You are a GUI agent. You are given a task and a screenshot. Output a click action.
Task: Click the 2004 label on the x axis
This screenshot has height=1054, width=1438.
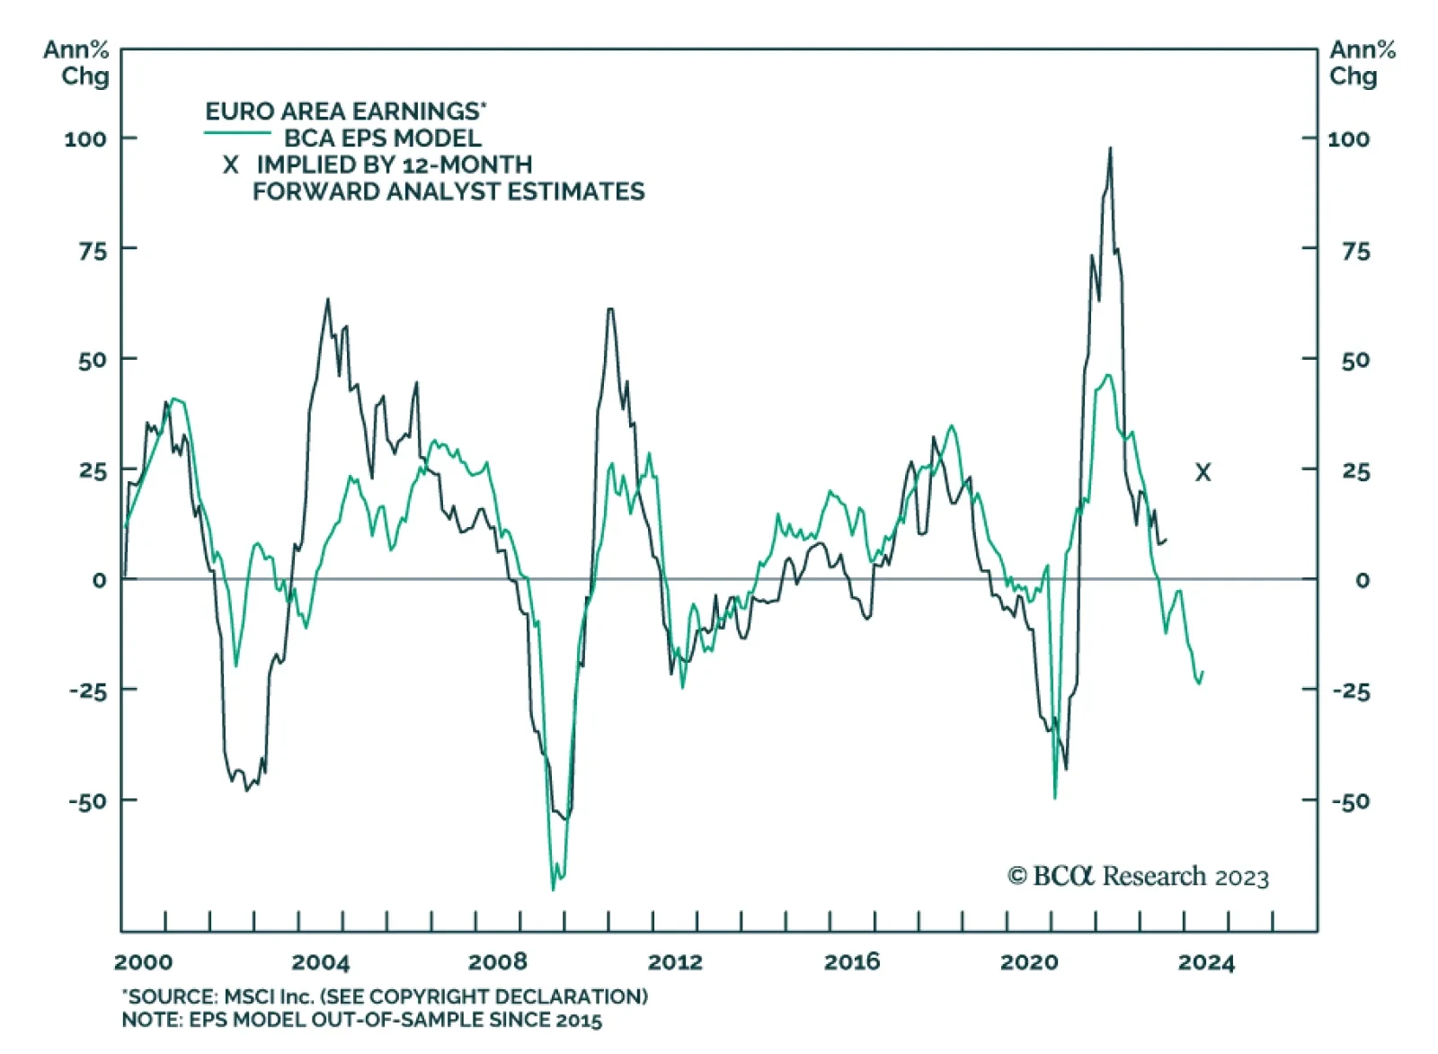pyautogui.click(x=320, y=962)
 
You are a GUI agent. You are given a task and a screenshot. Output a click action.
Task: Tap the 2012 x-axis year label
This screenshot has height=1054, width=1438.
pyautogui.click(x=675, y=962)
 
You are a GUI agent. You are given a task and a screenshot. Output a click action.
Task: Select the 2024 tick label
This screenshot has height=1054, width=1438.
pyautogui.click(x=1206, y=962)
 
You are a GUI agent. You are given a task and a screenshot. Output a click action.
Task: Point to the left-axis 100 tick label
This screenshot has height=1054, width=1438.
pyautogui.click(x=85, y=139)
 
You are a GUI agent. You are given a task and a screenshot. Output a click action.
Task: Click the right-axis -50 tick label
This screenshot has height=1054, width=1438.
pyautogui.click(x=1350, y=801)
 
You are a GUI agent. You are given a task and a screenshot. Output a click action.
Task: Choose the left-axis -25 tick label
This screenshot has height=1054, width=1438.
pyautogui.click(x=90, y=692)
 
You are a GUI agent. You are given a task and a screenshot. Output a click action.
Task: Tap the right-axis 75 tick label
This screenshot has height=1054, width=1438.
pyautogui.click(x=1355, y=252)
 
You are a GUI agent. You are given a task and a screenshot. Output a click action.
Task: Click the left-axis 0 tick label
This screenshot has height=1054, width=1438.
pyautogui.click(x=99, y=581)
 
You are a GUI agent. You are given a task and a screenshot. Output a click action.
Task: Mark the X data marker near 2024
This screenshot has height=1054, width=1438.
pyautogui.click(x=1203, y=472)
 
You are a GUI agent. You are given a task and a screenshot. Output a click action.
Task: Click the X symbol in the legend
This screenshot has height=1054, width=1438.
pyautogui.click(x=231, y=165)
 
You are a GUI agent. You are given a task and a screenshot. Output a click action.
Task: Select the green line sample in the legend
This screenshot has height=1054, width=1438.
pyautogui.click(x=237, y=134)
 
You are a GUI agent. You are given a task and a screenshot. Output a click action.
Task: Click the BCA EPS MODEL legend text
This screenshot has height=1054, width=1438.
pyautogui.click(x=383, y=138)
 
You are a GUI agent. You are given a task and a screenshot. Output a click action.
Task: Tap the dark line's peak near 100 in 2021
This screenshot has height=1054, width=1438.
pyautogui.click(x=1110, y=148)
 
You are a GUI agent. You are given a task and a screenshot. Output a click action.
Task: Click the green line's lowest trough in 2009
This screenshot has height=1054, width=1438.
pyautogui.click(x=553, y=889)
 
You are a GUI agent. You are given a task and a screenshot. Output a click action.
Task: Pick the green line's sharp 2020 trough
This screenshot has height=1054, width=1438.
pyautogui.click(x=1055, y=797)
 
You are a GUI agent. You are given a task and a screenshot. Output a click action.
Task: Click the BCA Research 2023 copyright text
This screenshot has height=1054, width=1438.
pyautogui.click(x=1138, y=876)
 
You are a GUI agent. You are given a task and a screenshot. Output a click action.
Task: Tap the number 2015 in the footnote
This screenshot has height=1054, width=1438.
pyautogui.click(x=578, y=1020)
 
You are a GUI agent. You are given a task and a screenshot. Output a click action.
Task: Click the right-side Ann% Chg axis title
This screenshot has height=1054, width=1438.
pyautogui.click(x=1362, y=63)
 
